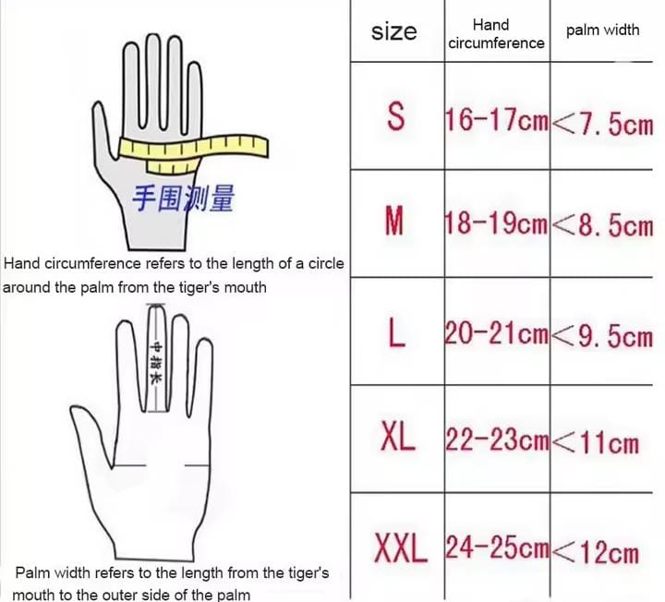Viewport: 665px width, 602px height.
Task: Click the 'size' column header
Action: click(x=394, y=31)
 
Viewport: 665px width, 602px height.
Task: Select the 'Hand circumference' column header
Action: click(x=496, y=34)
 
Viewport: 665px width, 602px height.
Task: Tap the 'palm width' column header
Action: click(x=602, y=30)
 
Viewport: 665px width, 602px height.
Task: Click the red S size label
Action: click(x=395, y=116)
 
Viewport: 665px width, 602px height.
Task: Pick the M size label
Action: click(x=394, y=220)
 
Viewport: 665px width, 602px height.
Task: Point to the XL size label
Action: click(x=397, y=436)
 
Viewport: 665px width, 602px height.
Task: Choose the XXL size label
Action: click(x=401, y=548)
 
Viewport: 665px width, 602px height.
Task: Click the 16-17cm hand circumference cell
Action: click(x=497, y=119)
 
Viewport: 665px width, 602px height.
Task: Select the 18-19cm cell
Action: click(x=497, y=223)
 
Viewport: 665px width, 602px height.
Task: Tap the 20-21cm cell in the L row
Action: click(x=497, y=332)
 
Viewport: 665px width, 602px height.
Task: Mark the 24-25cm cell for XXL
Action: click(x=497, y=547)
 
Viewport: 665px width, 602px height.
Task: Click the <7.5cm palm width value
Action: click(x=602, y=125)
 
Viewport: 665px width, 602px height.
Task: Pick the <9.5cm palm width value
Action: click(x=602, y=337)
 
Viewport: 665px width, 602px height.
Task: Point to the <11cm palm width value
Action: click(x=596, y=443)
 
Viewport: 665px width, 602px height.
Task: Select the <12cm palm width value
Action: click(x=596, y=553)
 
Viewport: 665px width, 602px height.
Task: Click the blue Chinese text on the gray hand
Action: click(x=183, y=199)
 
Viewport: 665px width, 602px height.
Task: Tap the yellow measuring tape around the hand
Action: click(x=193, y=150)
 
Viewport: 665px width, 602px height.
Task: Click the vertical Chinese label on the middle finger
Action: click(x=156, y=363)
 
